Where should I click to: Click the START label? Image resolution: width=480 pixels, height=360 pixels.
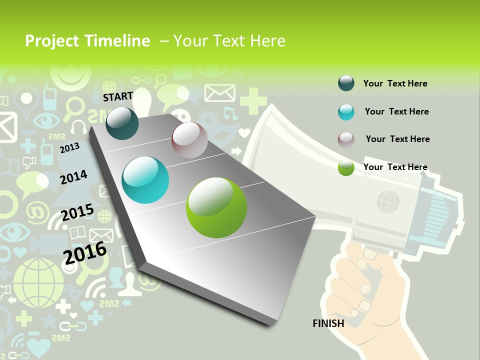(x=118, y=96)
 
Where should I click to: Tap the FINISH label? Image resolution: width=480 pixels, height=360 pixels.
(x=328, y=323)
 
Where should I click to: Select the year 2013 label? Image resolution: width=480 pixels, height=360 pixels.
(x=69, y=148)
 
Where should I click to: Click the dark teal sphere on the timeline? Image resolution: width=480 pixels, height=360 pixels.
(x=122, y=123)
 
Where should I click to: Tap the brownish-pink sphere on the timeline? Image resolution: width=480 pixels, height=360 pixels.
(x=189, y=140)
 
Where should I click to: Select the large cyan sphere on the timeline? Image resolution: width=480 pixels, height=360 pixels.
(x=145, y=180)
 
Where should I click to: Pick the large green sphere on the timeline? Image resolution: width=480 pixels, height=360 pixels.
(x=216, y=207)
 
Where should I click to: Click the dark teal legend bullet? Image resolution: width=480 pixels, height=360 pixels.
(x=346, y=83)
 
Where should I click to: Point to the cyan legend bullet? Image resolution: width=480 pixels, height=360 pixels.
(x=346, y=112)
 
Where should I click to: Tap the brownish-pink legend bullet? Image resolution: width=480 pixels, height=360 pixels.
(x=346, y=139)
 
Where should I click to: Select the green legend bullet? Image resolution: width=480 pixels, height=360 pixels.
(x=346, y=167)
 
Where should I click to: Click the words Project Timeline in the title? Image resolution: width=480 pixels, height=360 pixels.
(x=87, y=41)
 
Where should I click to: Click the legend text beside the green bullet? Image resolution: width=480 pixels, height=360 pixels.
(x=395, y=167)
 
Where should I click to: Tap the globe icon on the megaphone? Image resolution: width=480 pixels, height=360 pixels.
(x=388, y=201)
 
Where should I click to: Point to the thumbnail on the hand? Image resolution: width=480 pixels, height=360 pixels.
(x=370, y=253)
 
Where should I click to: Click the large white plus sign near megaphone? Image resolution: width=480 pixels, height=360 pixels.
(x=253, y=100)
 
